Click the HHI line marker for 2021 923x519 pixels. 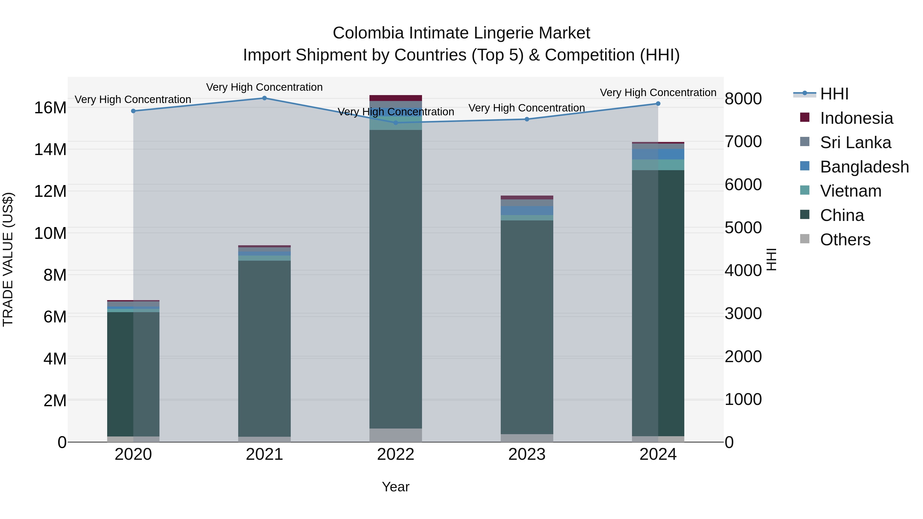tap(264, 98)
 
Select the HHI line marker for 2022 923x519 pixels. tap(396, 123)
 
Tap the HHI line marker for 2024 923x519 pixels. tap(658, 104)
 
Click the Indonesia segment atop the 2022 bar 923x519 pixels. tap(396, 98)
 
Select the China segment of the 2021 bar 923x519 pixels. tap(264, 348)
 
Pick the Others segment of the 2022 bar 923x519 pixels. tap(396, 435)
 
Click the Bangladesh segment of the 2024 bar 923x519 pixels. tap(658, 154)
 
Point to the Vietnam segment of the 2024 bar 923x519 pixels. tap(658, 165)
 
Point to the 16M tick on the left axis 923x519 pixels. tap(50, 108)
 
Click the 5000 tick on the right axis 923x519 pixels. tap(743, 228)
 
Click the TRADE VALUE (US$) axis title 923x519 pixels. tap(8, 259)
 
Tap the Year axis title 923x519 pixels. tap(396, 487)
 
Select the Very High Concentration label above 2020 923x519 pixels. tap(133, 100)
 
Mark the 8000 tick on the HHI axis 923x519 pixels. tap(743, 99)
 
